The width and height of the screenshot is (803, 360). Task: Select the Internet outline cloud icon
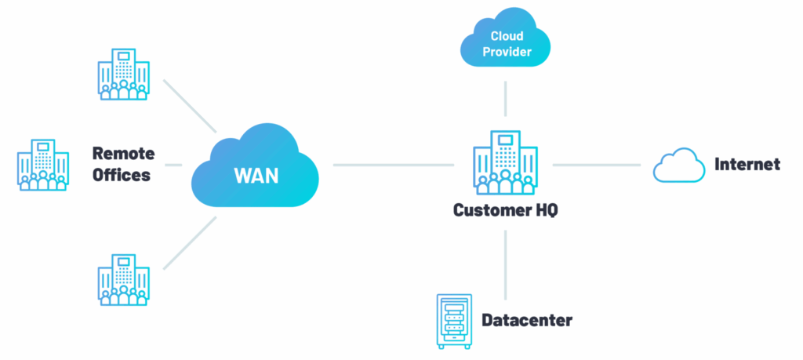tap(679, 165)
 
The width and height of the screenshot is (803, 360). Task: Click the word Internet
tap(747, 165)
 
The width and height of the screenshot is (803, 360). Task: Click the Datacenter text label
tap(526, 320)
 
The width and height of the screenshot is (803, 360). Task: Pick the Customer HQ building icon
tap(505, 164)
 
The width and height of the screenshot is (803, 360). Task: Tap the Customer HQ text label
tap(505, 211)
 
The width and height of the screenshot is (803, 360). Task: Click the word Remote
tap(123, 153)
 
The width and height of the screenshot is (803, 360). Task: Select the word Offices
tap(121, 175)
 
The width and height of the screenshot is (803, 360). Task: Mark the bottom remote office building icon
tap(122, 278)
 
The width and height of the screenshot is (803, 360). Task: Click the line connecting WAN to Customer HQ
tap(392, 165)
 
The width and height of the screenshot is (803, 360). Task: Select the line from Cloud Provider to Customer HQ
tap(506, 97)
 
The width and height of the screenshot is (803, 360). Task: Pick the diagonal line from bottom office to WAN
tap(189, 243)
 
